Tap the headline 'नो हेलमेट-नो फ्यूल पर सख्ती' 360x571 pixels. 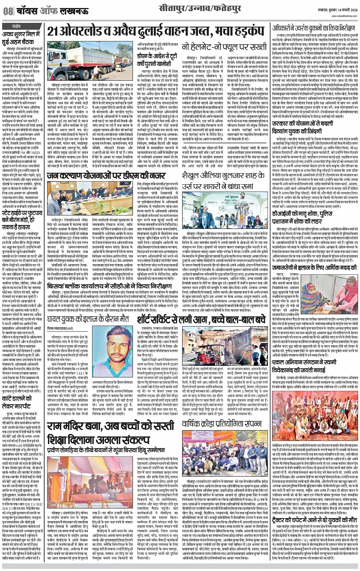219,47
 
